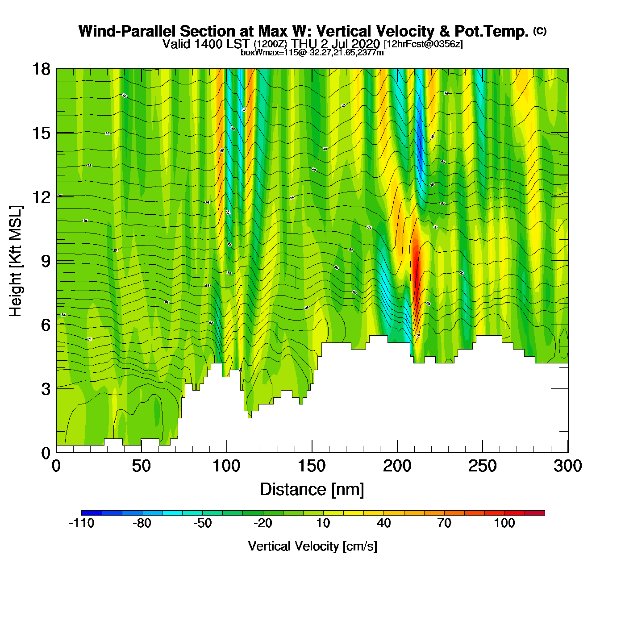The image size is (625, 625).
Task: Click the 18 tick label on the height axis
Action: click(41, 69)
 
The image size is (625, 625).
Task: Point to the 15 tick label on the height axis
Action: click(41, 133)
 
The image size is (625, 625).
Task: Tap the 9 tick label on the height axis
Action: click(46, 261)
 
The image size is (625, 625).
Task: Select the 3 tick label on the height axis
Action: click(46, 389)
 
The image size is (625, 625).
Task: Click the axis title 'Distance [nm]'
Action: click(312, 490)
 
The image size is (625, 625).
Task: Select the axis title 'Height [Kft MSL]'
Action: click(16, 261)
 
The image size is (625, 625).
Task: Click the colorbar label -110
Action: click(81, 523)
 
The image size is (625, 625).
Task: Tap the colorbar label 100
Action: click(504, 523)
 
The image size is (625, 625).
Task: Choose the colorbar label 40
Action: click(383, 523)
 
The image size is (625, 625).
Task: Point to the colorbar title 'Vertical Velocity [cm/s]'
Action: click(312, 546)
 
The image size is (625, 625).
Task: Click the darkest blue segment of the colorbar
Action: click(92, 513)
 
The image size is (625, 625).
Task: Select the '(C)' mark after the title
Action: click(539, 31)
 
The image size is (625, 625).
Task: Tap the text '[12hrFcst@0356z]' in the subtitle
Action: click(423, 44)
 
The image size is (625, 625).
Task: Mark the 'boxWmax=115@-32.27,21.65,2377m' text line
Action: click(312, 52)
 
